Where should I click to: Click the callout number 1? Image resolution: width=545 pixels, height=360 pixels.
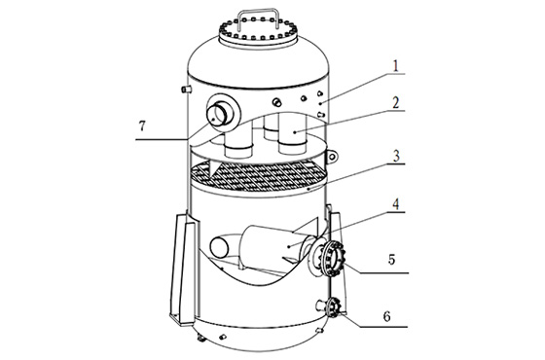tap(395, 66)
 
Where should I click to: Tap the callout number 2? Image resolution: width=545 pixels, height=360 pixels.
tap(396, 103)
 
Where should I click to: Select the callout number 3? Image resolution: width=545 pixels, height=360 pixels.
tap(397, 157)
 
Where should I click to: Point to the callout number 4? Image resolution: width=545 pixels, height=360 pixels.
tap(396, 204)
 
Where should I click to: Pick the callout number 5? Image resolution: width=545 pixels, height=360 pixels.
tap(391, 259)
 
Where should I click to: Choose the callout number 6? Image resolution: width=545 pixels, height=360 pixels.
tap(387, 316)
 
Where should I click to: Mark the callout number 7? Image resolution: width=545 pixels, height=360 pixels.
tap(142, 126)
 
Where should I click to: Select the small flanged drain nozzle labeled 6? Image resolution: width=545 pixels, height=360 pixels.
tap(332, 307)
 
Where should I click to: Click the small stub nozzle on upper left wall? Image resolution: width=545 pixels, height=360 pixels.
tap(186, 90)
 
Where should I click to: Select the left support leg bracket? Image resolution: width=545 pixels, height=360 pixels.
tap(184, 269)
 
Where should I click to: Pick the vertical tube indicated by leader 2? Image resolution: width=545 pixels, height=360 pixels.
tap(292, 133)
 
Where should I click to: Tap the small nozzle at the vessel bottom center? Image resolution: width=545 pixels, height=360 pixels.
tap(223, 336)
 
